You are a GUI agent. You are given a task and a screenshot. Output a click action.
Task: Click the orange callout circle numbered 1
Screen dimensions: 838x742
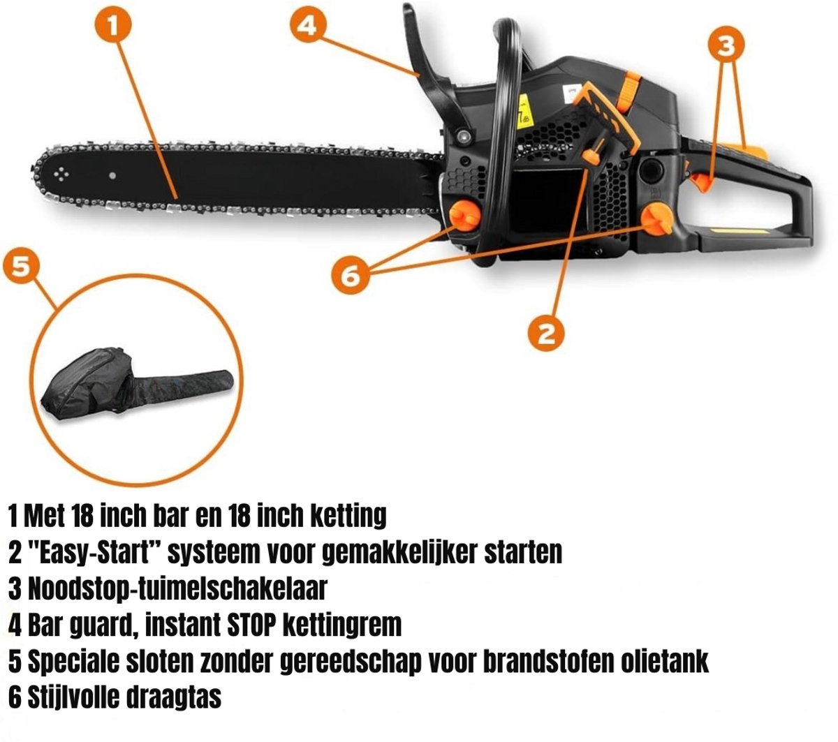tap(113, 24)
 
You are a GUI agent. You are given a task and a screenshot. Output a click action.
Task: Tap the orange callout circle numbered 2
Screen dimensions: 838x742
tap(546, 333)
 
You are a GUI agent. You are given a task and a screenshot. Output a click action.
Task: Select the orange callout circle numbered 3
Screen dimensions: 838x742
tap(726, 45)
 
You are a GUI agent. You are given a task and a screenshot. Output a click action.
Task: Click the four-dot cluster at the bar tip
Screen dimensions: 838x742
tap(61, 175)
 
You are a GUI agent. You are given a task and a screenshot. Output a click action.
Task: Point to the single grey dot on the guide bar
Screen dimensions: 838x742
tap(112, 176)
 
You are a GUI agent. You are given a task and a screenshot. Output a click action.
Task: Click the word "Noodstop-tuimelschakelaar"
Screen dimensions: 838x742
tap(177, 588)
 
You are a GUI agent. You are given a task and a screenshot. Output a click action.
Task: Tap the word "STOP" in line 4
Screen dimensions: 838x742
tap(251, 625)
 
